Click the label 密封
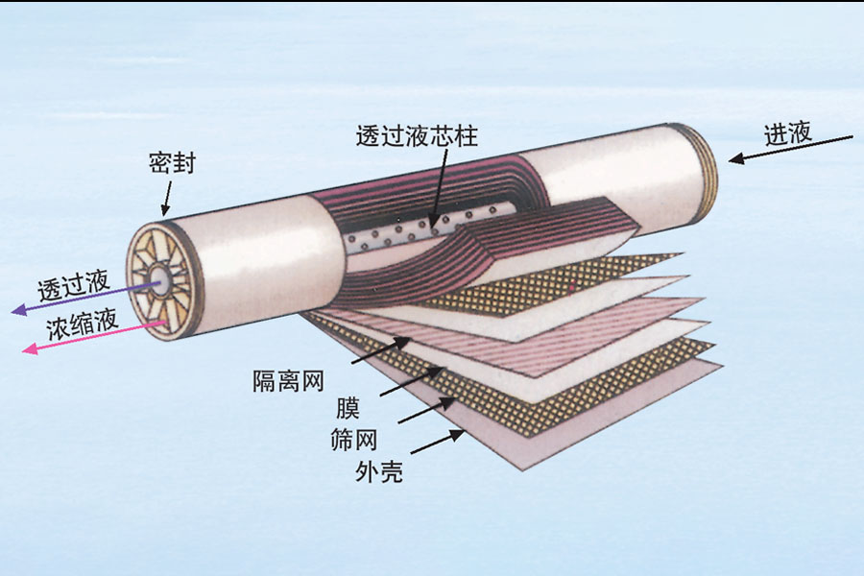pos(173,162)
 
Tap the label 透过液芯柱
pos(416,136)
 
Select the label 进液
pos(788,133)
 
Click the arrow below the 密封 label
pos(169,197)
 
